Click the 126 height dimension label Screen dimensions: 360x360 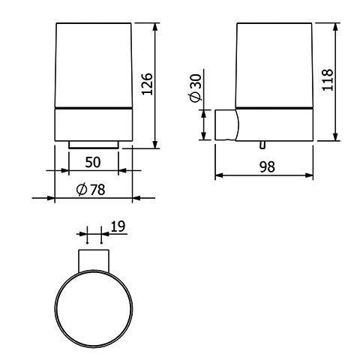[147, 84]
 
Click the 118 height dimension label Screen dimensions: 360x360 [328, 79]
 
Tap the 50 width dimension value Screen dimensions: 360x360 [93, 162]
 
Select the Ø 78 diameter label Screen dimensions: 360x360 [91, 190]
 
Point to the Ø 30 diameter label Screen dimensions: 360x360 [196, 88]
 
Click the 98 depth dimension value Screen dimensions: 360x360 [267, 166]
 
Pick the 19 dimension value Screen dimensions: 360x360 [118, 226]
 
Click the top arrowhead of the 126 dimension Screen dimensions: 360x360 [155, 27]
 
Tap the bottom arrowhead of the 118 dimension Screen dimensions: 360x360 [336, 136]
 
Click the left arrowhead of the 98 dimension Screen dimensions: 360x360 [219, 175]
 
